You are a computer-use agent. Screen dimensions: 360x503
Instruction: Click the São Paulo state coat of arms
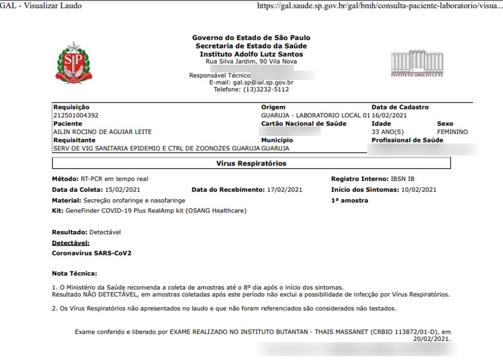75,63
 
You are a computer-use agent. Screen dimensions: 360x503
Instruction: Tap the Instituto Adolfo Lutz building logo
417,63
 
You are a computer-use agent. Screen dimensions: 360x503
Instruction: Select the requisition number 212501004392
76,116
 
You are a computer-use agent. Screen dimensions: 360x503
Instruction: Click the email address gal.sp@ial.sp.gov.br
263,82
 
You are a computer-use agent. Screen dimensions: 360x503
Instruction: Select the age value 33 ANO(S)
389,132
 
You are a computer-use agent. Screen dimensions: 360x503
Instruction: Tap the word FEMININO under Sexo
452,132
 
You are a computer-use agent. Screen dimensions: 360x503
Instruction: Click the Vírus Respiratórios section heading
251,164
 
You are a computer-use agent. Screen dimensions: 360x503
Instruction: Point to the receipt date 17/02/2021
284,190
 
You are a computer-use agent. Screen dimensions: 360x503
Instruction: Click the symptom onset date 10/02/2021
419,190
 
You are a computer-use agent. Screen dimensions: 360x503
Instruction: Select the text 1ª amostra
349,200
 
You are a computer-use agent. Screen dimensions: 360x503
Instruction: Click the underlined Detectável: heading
71,243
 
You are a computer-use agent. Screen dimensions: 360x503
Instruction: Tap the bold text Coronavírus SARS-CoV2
92,253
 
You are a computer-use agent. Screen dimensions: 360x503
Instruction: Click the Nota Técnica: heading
74,274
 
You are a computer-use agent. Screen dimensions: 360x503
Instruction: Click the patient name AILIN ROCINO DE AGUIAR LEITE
102,132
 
